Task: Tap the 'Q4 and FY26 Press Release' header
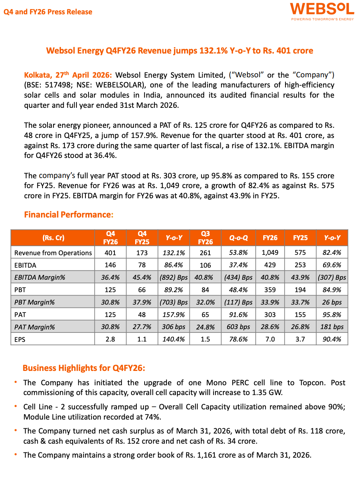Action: click(x=48, y=12)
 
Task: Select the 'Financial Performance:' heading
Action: click(x=69, y=214)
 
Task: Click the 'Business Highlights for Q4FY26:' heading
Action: click(x=84, y=368)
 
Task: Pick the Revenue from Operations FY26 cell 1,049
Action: click(x=270, y=253)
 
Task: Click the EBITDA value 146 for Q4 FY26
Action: click(x=110, y=265)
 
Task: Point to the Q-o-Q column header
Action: click(x=238, y=238)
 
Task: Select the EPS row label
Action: click(x=20, y=339)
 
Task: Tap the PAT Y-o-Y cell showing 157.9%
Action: click(x=174, y=314)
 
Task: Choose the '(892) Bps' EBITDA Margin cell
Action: click(x=174, y=277)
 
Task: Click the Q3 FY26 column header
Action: click(x=205, y=238)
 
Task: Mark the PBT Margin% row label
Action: click(x=35, y=302)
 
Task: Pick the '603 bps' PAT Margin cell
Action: click(x=238, y=327)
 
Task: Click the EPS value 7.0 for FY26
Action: click(x=270, y=339)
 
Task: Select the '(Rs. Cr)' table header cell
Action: click(x=53, y=238)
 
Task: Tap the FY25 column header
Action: click(x=300, y=238)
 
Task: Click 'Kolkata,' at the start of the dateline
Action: click(x=38, y=75)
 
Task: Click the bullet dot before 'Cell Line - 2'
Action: click(x=16, y=406)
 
